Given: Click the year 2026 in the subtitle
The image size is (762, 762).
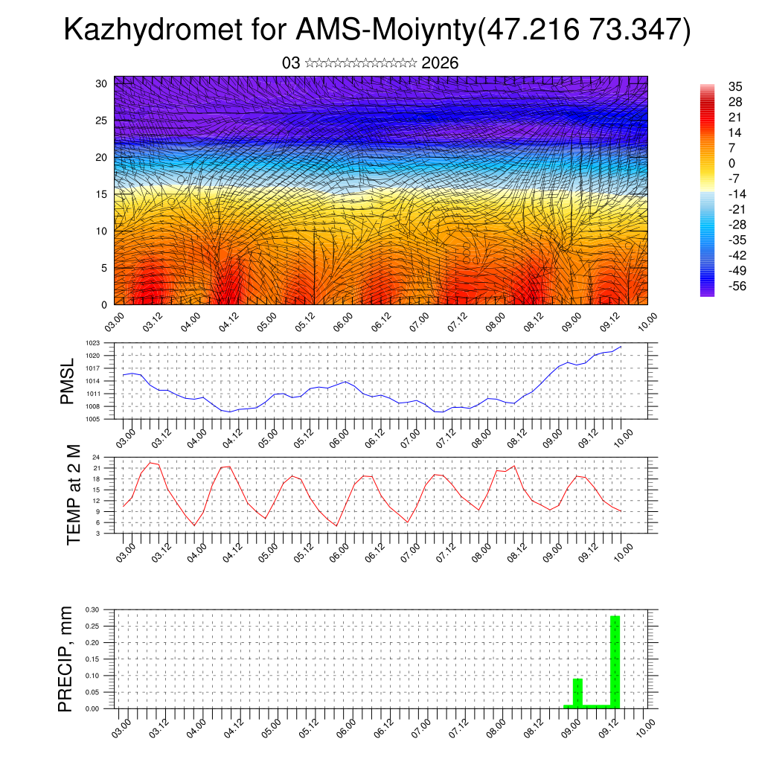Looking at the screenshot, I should pyautogui.click(x=440, y=63).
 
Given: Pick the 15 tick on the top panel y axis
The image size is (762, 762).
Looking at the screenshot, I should pyautogui.click(x=102, y=194).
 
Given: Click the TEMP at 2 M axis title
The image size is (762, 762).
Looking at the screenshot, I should pyautogui.click(x=74, y=495).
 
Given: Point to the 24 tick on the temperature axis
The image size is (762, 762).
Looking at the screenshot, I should pyautogui.click(x=97, y=456).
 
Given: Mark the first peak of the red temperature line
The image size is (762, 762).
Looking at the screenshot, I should pyautogui.click(x=150, y=463).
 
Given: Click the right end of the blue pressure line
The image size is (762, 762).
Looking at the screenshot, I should pyautogui.click(x=621, y=347).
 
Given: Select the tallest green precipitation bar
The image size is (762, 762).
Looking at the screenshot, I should pyautogui.click(x=615, y=661).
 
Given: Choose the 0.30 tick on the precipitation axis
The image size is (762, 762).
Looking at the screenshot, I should pyautogui.click(x=92, y=609).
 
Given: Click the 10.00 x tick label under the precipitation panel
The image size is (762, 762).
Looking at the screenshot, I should pyautogui.click(x=647, y=728).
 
